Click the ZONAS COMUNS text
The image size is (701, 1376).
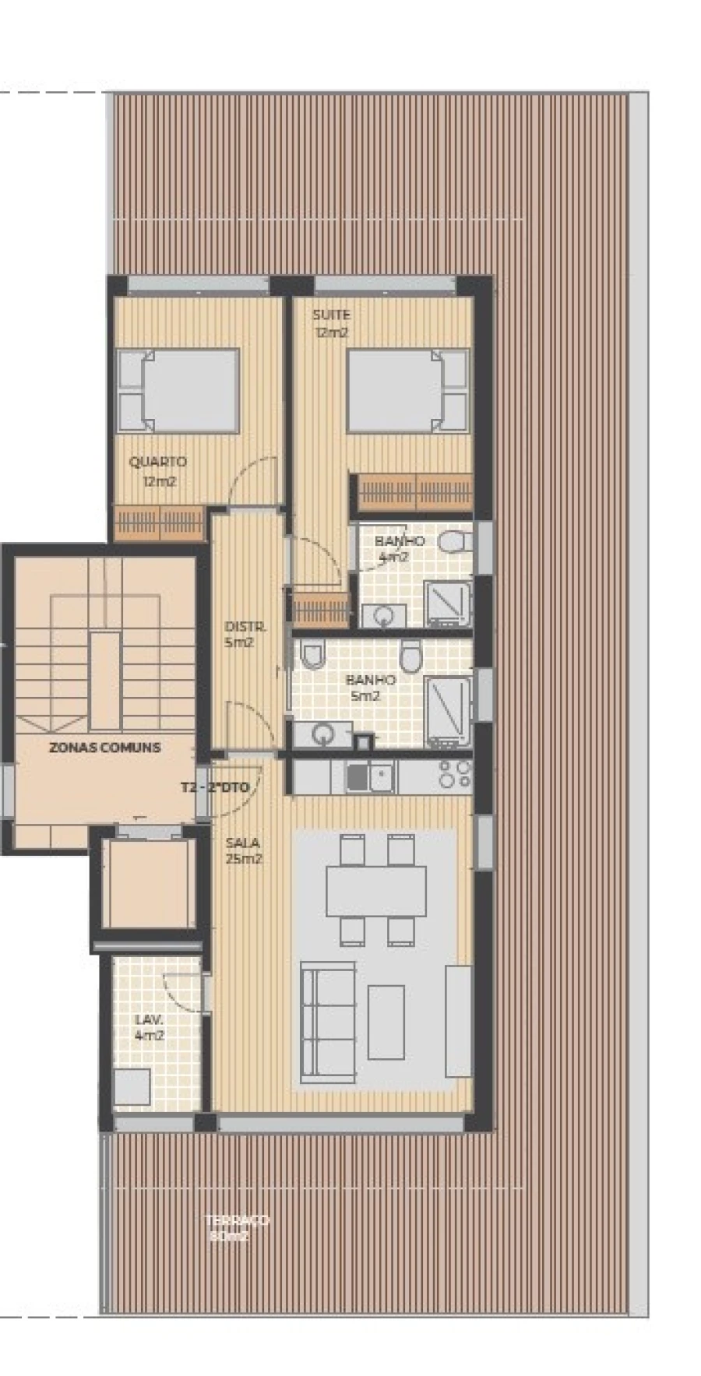[x=104, y=747]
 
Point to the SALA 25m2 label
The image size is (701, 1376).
[x=243, y=850]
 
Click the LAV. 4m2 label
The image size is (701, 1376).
[x=149, y=1027]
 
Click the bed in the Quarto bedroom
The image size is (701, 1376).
[x=178, y=390]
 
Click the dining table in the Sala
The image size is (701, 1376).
[x=375, y=890]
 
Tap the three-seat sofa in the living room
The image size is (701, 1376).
[x=328, y=1022]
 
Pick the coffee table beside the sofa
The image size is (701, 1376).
[x=386, y=1022]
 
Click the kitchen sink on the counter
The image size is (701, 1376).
[x=370, y=776]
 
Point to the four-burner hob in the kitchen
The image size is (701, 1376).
[x=454, y=774]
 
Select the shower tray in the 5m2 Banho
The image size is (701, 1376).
[x=447, y=710]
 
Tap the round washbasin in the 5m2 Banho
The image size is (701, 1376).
[x=322, y=734]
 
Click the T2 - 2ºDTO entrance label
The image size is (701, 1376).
[x=215, y=787]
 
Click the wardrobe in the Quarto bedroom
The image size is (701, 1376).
[x=159, y=523]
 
